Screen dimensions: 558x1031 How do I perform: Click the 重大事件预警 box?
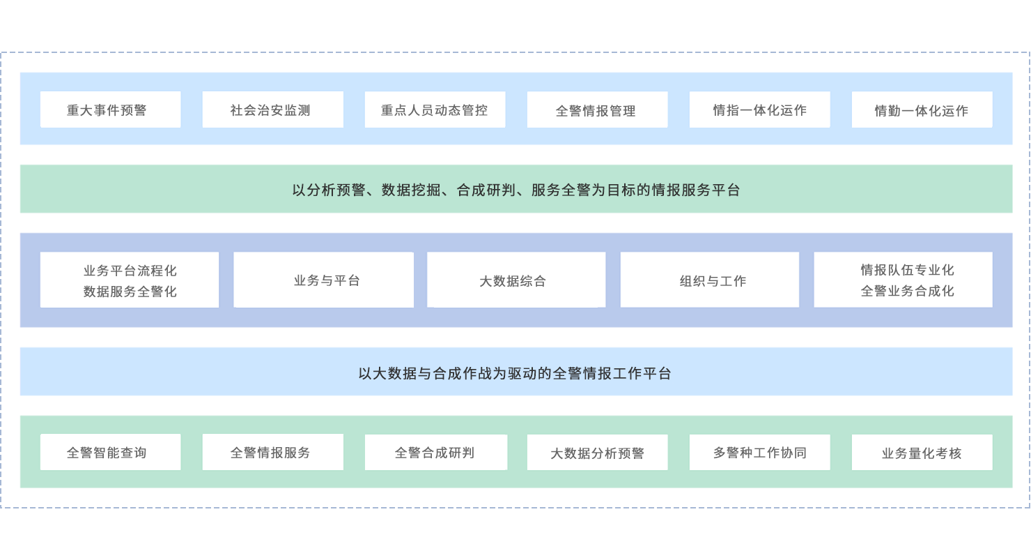(x=110, y=110)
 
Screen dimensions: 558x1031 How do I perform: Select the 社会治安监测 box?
(x=272, y=110)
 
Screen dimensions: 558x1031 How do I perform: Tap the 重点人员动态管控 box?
(x=435, y=110)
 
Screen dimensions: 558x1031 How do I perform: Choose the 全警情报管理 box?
(x=597, y=110)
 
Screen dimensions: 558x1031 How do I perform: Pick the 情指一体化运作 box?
(x=759, y=110)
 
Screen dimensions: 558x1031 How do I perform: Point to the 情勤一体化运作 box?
(x=922, y=110)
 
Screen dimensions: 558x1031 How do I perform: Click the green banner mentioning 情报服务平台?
(x=516, y=189)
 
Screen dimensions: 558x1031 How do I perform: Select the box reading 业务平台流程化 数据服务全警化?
(x=130, y=280)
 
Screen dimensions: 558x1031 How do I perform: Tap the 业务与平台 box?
(x=323, y=280)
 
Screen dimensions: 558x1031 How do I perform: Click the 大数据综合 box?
(x=516, y=280)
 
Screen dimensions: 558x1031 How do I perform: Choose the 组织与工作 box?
(x=710, y=280)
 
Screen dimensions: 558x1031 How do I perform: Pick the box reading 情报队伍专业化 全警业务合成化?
(x=903, y=280)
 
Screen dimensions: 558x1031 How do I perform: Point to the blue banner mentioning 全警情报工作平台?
(x=516, y=372)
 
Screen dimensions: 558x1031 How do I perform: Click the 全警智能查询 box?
(x=110, y=452)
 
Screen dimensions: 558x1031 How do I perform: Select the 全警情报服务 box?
(x=272, y=452)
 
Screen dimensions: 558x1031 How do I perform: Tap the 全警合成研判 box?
(x=435, y=452)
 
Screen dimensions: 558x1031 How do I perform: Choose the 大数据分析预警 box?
(x=597, y=453)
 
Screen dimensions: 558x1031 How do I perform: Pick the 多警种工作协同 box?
(x=759, y=452)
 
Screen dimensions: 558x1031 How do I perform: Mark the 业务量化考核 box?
(x=922, y=453)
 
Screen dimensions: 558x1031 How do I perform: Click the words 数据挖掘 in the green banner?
(x=411, y=190)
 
